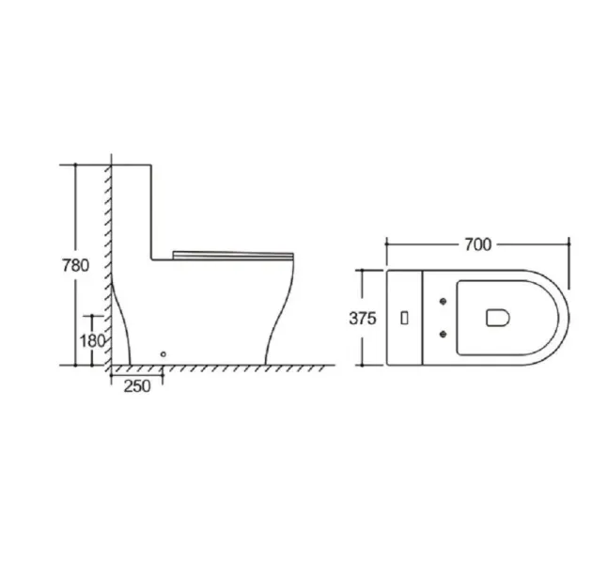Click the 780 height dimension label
pyautogui.click(x=75, y=265)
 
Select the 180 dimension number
pyautogui.click(x=92, y=341)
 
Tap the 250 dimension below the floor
pyautogui.click(x=137, y=386)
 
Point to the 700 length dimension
pyautogui.click(x=477, y=244)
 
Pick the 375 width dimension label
pyautogui.click(x=363, y=319)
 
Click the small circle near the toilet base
pyautogui.click(x=164, y=354)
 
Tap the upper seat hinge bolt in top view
pyautogui.click(x=443, y=301)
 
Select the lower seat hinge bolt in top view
pyautogui.click(x=443, y=334)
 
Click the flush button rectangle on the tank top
pyautogui.click(x=404, y=319)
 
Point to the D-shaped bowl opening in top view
pyautogui.click(x=498, y=318)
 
